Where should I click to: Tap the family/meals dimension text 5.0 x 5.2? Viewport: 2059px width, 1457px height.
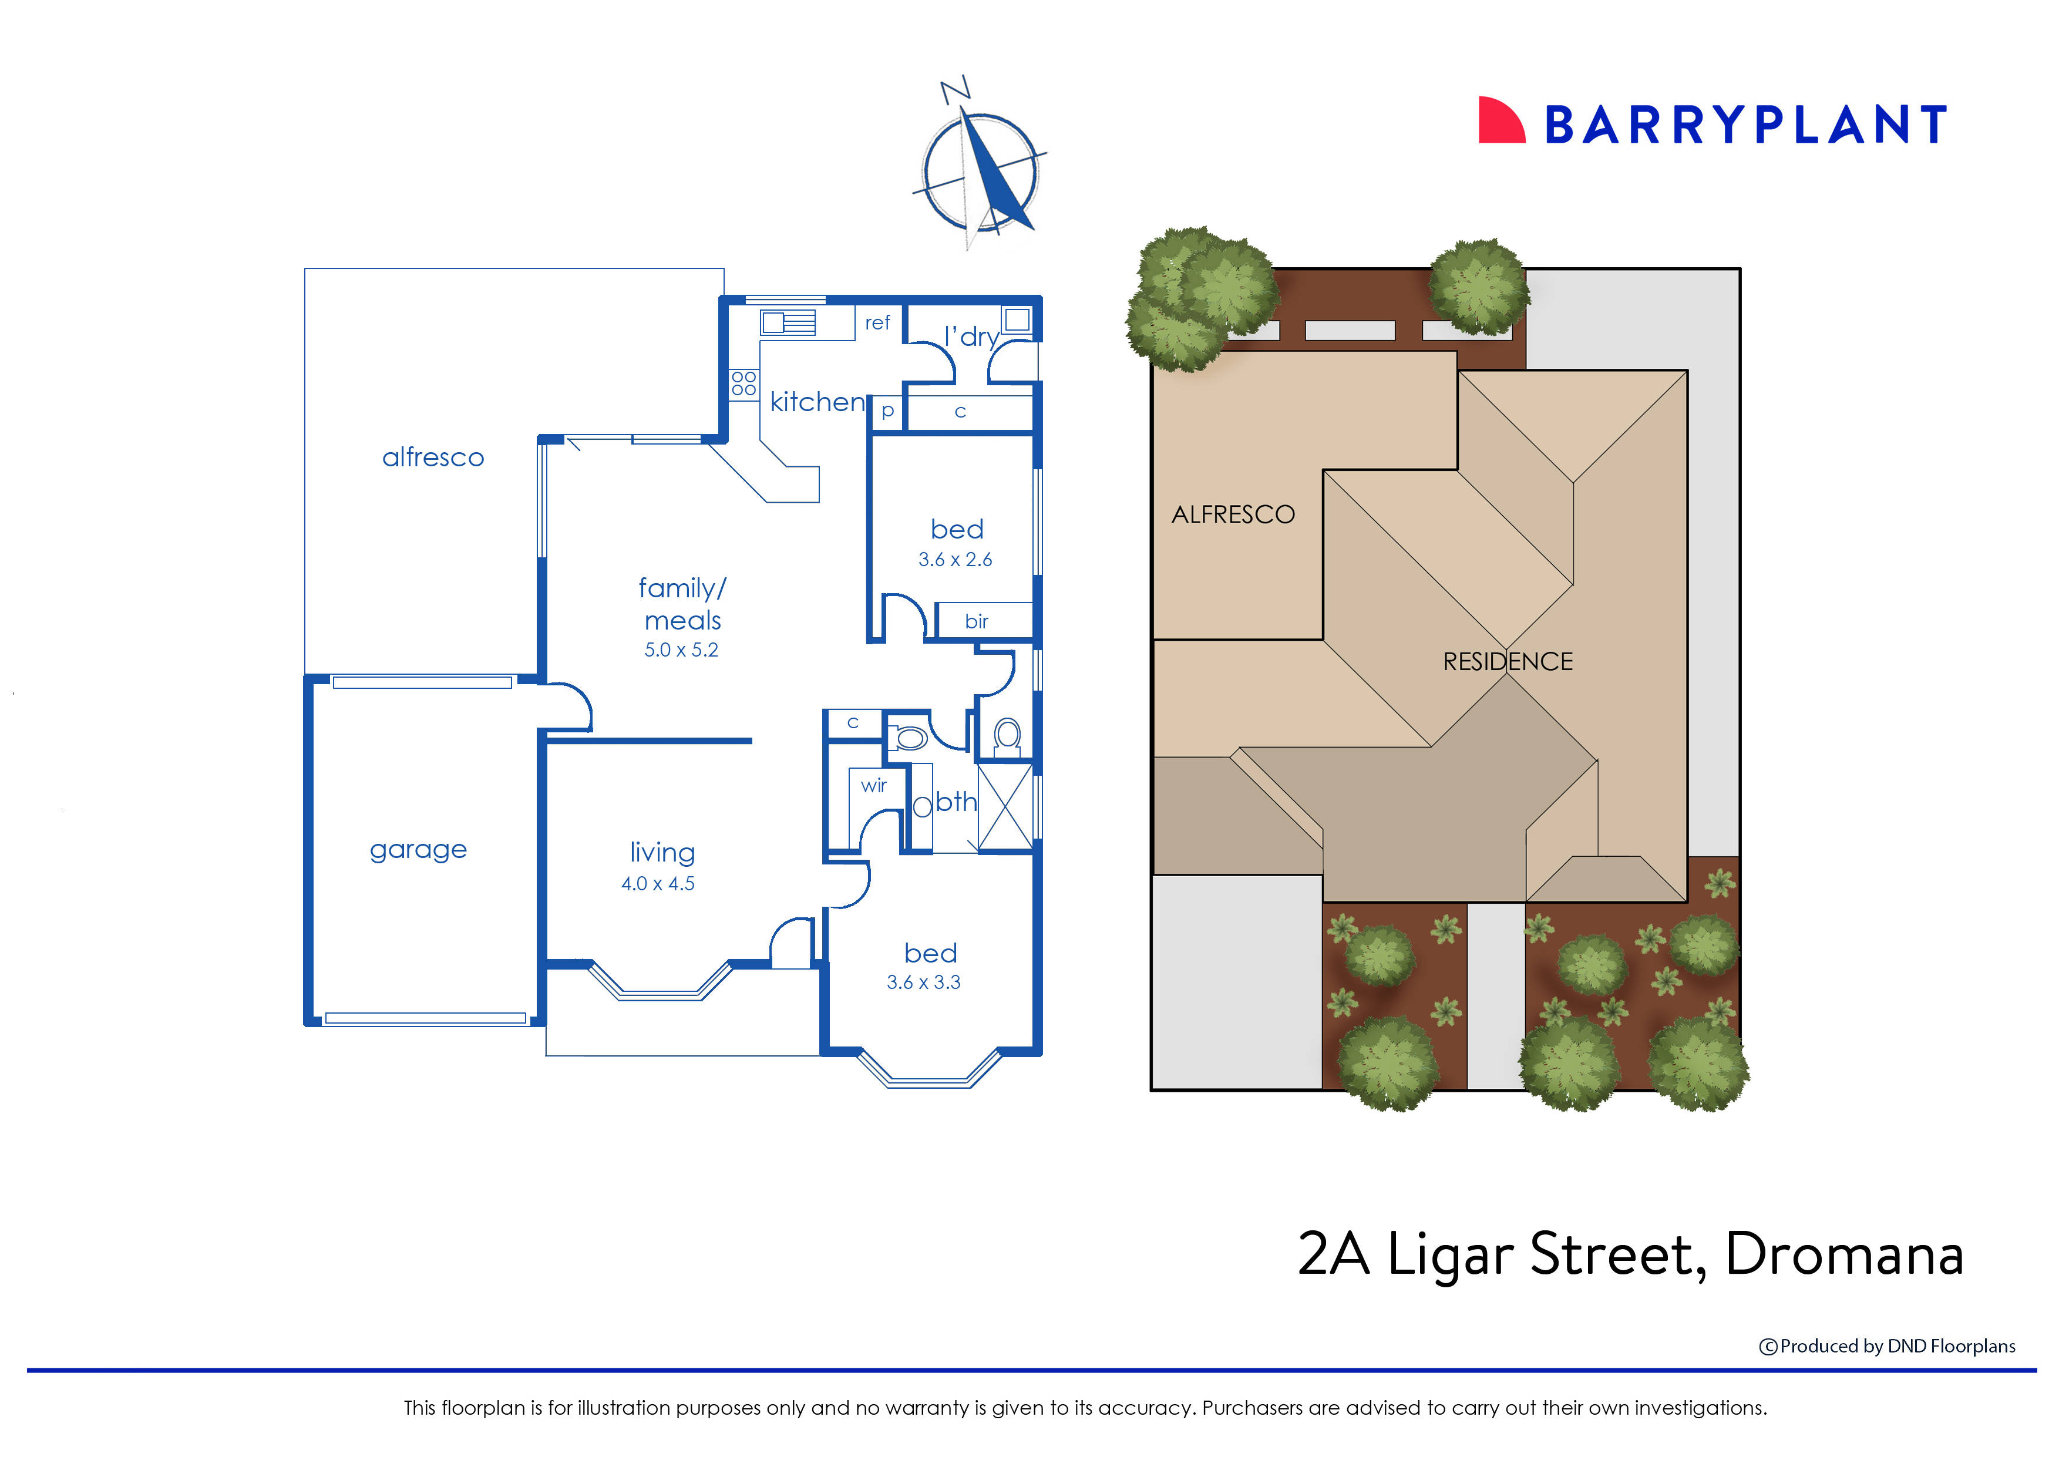681,650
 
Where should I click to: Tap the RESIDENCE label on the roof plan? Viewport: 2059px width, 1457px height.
1507,661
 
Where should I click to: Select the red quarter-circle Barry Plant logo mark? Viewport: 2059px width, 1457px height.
1500,120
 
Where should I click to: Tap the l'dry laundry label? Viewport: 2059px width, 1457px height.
971,337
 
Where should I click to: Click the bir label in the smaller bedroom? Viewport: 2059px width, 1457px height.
976,621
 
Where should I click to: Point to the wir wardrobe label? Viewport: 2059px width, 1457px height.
873,785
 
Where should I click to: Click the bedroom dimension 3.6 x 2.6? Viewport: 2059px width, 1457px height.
954,559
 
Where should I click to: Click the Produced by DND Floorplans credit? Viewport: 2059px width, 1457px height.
1887,1346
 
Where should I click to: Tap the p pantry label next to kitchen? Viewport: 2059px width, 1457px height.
887,411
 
